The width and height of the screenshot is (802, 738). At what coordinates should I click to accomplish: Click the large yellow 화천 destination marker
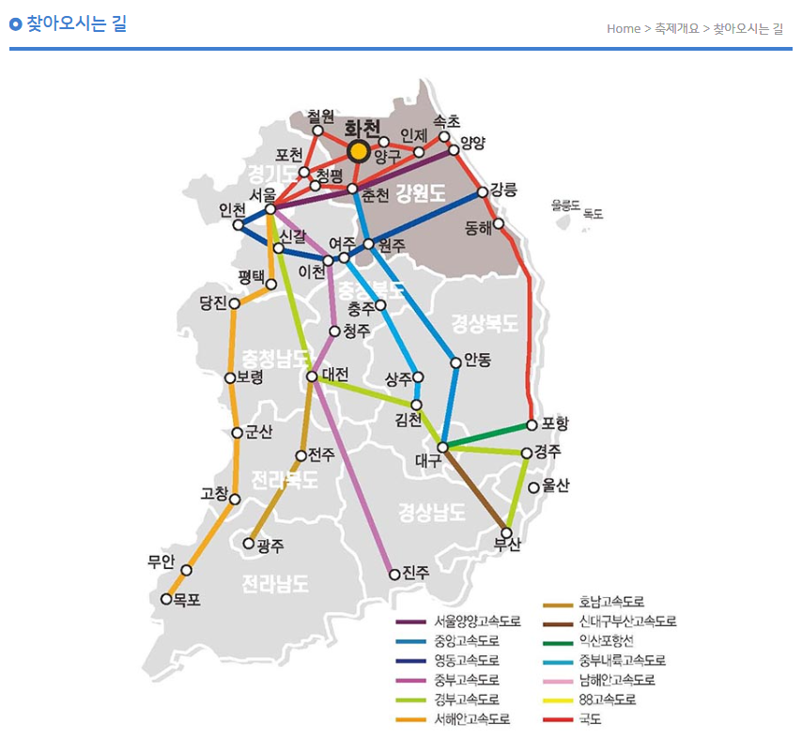coord(358,151)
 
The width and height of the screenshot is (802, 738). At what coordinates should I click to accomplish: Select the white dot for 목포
coord(167,599)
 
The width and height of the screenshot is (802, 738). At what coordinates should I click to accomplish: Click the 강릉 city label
coord(503,190)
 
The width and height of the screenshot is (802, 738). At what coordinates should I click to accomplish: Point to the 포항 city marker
coord(532,424)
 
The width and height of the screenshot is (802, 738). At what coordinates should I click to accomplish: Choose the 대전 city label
coord(335,374)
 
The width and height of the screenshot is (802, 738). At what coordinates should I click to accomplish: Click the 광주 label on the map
coord(270,545)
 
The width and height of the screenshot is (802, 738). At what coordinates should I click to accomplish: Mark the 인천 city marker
coord(239,225)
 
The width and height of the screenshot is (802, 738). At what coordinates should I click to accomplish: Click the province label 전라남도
coord(275,584)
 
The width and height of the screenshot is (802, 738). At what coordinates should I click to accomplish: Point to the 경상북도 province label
coord(485,324)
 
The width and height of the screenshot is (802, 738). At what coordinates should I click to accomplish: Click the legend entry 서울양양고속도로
coord(476,622)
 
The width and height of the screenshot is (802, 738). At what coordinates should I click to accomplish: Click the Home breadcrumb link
coord(624,28)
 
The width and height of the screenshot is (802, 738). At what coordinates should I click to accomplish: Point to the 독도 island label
coord(593,214)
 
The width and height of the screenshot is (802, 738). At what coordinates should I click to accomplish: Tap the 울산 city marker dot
coord(534,487)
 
